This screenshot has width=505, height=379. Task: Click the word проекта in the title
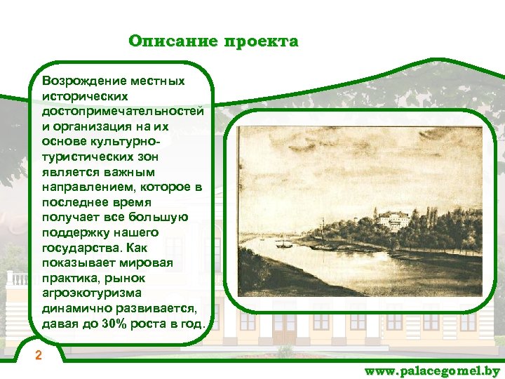click(260, 41)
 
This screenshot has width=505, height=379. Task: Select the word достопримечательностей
click(123, 112)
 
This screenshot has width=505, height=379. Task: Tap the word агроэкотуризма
click(91, 293)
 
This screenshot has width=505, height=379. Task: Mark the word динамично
click(73, 308)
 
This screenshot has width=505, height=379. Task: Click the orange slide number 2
click(39, 356)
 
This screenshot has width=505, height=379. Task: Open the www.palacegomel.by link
click(432, 371)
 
